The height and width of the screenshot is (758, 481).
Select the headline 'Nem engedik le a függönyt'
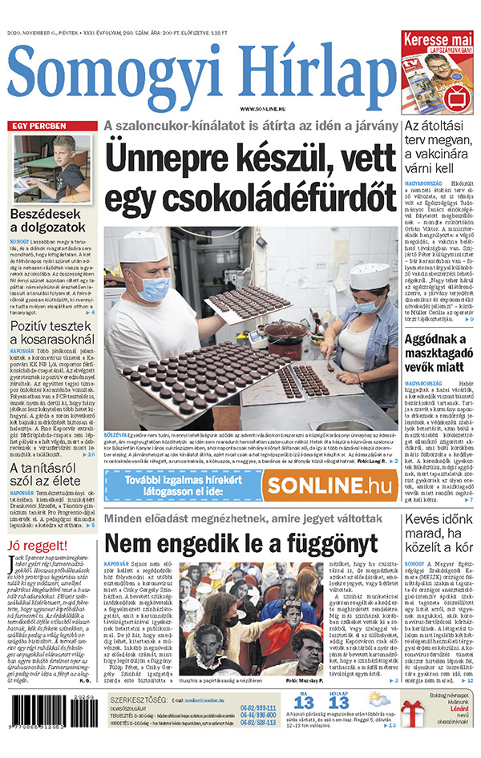pyautogui.click(x=240, y=544)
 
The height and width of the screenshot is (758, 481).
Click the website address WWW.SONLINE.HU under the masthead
pyautogui.click(x=265, y=107)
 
